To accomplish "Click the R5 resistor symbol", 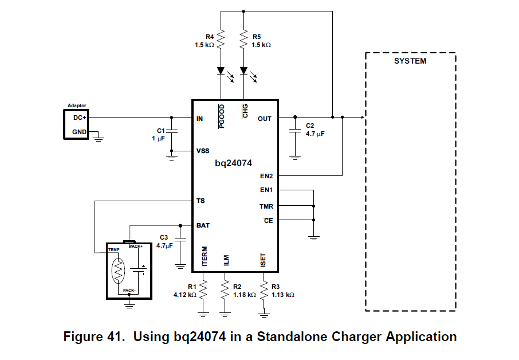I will coord(244,40).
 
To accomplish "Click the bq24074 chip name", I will coord(233,163).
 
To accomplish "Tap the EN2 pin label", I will coord(266,175).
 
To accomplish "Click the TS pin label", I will coord(200,201).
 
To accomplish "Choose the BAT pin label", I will coord(203,225).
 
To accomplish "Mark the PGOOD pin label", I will coord(222,111).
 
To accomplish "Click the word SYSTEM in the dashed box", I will coord(410,61).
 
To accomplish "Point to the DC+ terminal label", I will coord(80,118).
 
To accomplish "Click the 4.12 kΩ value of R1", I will coord(185,295).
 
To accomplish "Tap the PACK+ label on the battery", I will coord(136,246).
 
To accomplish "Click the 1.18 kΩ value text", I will coord(244,295).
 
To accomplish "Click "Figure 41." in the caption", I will coord(95,336).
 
